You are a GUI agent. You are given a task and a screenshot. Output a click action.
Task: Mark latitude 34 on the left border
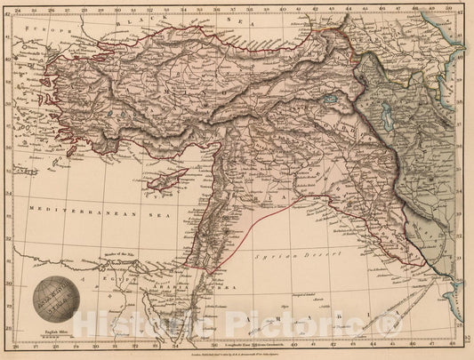click(x=7, y=230)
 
